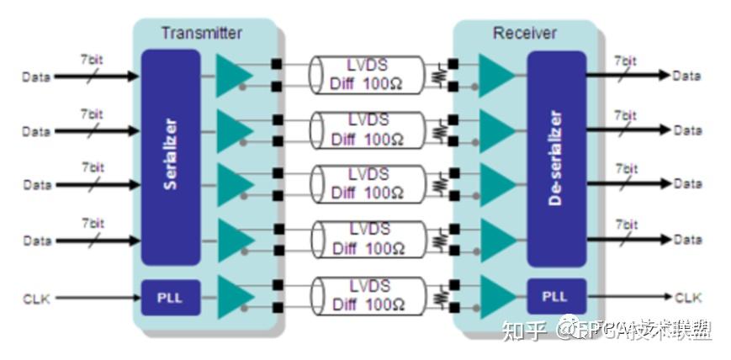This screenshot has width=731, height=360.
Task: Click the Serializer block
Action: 171,156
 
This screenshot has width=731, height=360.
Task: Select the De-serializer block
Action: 556,158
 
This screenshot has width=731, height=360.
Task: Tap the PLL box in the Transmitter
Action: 171,297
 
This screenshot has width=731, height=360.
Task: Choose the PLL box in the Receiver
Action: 556,297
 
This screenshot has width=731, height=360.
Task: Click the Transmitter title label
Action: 201,34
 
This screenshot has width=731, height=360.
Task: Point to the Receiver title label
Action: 524,34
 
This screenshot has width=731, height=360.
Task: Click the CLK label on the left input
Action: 37,298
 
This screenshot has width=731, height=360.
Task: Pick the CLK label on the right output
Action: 688,297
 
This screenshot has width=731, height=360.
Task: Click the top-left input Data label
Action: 36,77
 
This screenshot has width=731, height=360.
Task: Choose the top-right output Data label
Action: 687,76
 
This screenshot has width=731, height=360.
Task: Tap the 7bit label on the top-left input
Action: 92,61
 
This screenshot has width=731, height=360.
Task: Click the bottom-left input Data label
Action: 36,241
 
